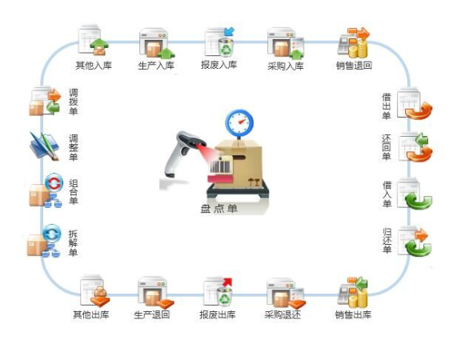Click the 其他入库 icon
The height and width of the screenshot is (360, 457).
94,40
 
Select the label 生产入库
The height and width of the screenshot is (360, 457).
156,66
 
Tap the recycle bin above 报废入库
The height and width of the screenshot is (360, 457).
226,46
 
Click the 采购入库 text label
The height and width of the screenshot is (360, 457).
286,66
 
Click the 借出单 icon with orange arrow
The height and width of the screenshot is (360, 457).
415,104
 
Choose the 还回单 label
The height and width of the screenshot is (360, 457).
387,147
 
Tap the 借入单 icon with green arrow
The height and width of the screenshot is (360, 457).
415,194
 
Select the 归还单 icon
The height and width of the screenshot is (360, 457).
415,242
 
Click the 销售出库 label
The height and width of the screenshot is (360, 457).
353,314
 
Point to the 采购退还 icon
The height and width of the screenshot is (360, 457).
286,293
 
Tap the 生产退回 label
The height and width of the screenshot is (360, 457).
152,314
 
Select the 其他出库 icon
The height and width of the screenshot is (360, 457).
94,291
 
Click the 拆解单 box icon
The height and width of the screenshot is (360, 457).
44,242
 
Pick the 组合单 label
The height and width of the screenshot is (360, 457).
73,192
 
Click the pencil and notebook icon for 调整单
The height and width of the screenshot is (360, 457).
44,146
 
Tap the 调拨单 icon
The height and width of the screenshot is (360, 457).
45,101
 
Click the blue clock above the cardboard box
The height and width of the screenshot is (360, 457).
239,123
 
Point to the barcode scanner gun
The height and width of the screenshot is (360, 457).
183,154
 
